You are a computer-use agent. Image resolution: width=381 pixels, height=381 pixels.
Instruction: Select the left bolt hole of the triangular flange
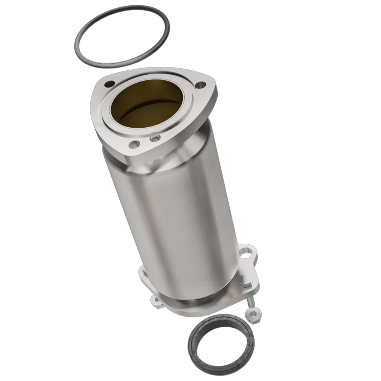tap(109, 84)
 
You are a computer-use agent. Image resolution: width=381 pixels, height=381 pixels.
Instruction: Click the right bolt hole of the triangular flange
tap(200, 85)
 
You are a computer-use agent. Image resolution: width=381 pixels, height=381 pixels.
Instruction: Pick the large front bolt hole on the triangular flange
tap(134, 144)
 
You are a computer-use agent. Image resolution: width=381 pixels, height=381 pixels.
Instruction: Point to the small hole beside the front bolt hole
tap(155, 139)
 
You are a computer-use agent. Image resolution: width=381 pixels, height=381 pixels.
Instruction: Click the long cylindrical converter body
tap(171, 221)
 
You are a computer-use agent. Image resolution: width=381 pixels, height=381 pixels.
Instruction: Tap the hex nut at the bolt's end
tap(253, 315)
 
